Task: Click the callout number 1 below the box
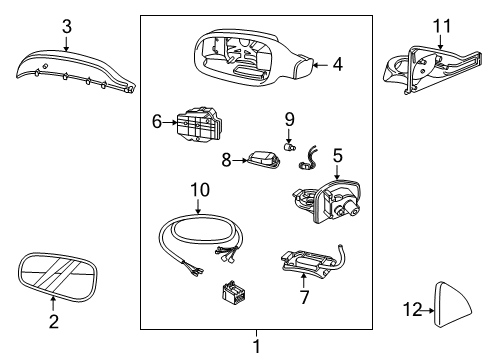point(256,346)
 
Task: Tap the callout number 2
point(53,321)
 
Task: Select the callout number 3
point(66,27)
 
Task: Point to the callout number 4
point(337,65)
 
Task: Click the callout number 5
point(337,155)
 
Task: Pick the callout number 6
point(156,120)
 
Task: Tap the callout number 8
point(226,159)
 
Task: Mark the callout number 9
point(289,119)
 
